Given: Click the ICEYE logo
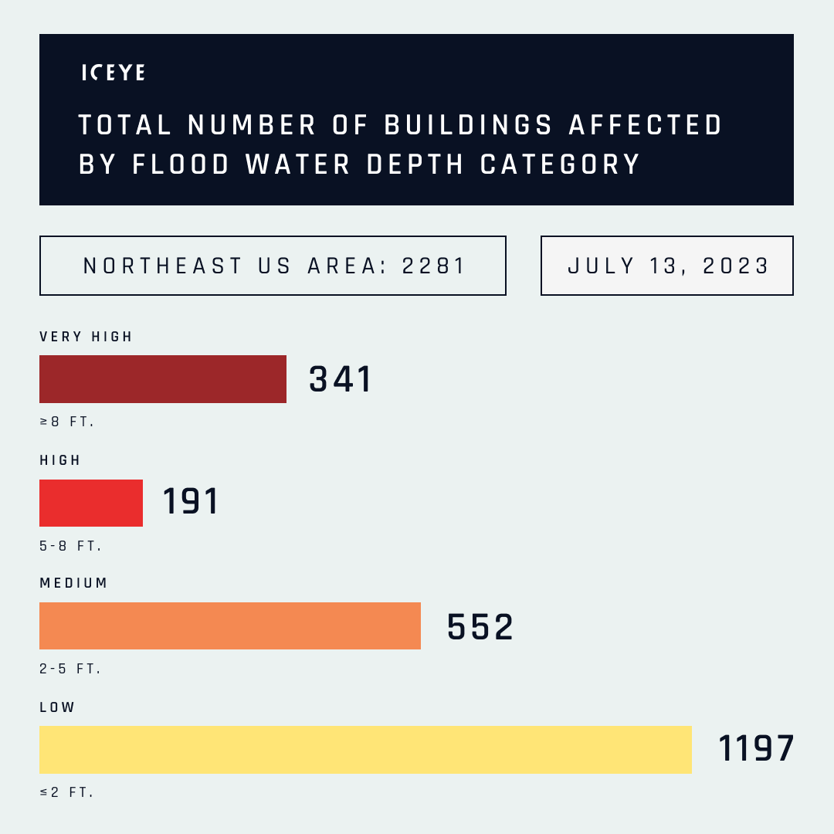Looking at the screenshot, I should pos(114,73).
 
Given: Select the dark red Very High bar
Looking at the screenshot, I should pos(163,379).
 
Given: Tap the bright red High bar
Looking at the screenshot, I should pos(91,503).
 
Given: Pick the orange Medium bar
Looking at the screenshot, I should pos(230,626).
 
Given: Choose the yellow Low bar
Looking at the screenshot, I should pos(365,749).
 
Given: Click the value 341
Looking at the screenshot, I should pos(341,379).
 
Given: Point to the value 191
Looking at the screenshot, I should pos(191,502).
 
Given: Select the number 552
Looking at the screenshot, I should pos(480,627).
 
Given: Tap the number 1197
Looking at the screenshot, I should pos(756,749).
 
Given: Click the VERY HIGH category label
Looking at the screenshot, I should pos(86,337).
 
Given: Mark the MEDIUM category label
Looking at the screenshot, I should pos(74,583).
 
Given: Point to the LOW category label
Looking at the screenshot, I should pos(58,707).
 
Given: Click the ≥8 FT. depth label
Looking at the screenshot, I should pos(67,422).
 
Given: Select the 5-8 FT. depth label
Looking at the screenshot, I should pos(71,546).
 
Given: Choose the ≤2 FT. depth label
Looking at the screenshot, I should pos(67,792).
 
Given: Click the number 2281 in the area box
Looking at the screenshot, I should pos(435,266).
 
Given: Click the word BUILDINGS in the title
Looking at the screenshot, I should pos(469,125).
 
